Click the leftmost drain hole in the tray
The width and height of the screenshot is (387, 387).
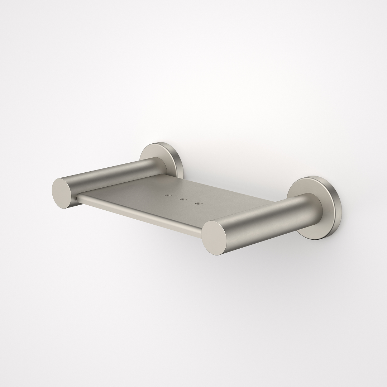coord(167,196)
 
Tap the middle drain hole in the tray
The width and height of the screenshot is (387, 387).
coord(182,200)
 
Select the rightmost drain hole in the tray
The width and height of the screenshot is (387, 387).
coord(197,204)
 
